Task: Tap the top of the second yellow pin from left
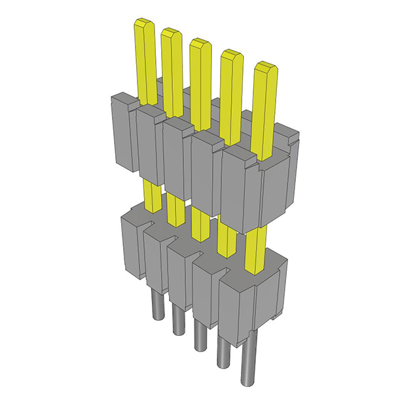pos(171,33)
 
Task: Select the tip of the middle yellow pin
pos(200,44)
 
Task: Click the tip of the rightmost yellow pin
pos(264,67)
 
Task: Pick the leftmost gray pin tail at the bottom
pos(156,306)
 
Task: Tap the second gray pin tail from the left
pos(176,319)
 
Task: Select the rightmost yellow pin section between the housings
pos(255,249)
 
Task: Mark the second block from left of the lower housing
pos(156,259)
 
